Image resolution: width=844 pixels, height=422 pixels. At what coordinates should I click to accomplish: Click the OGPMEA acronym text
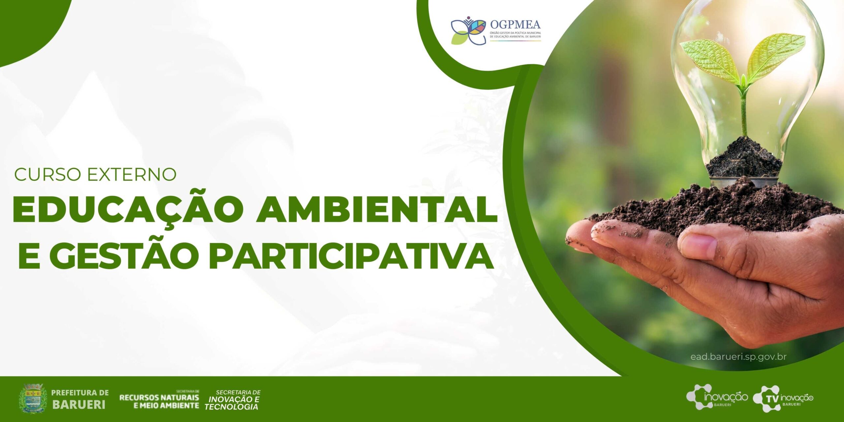[515, 25]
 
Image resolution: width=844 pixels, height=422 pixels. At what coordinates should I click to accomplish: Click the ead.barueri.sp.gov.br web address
[738, 357]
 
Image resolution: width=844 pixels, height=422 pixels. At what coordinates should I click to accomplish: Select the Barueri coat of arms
[33, 398]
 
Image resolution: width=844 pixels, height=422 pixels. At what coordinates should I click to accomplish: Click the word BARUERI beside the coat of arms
[79, 404]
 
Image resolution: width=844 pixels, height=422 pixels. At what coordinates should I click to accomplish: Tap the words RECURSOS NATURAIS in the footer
[159, 397]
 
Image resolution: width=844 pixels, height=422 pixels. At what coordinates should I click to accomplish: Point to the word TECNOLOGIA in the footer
[231, 407]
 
